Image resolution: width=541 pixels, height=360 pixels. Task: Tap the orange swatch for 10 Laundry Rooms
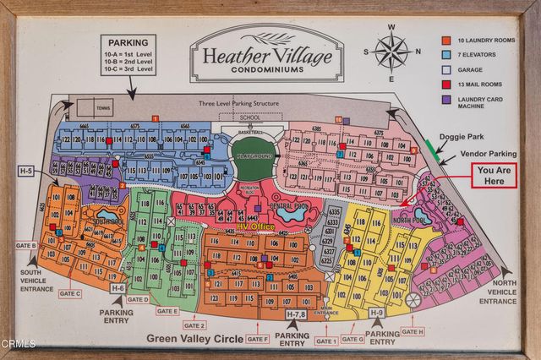point(445,40)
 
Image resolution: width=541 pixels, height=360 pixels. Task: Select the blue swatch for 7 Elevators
point(445,54)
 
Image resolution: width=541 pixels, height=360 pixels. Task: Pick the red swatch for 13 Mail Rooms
point(445,83)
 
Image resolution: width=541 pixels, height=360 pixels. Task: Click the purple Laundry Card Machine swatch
point(445,98)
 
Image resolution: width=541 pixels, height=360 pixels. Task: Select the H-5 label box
point(26,171)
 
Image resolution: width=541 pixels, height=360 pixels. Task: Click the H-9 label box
point(377,314)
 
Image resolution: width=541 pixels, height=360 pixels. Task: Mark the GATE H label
point(413,331)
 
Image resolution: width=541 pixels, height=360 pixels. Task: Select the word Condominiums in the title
point(266,71)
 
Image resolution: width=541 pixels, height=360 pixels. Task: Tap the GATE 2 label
point(194,325)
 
